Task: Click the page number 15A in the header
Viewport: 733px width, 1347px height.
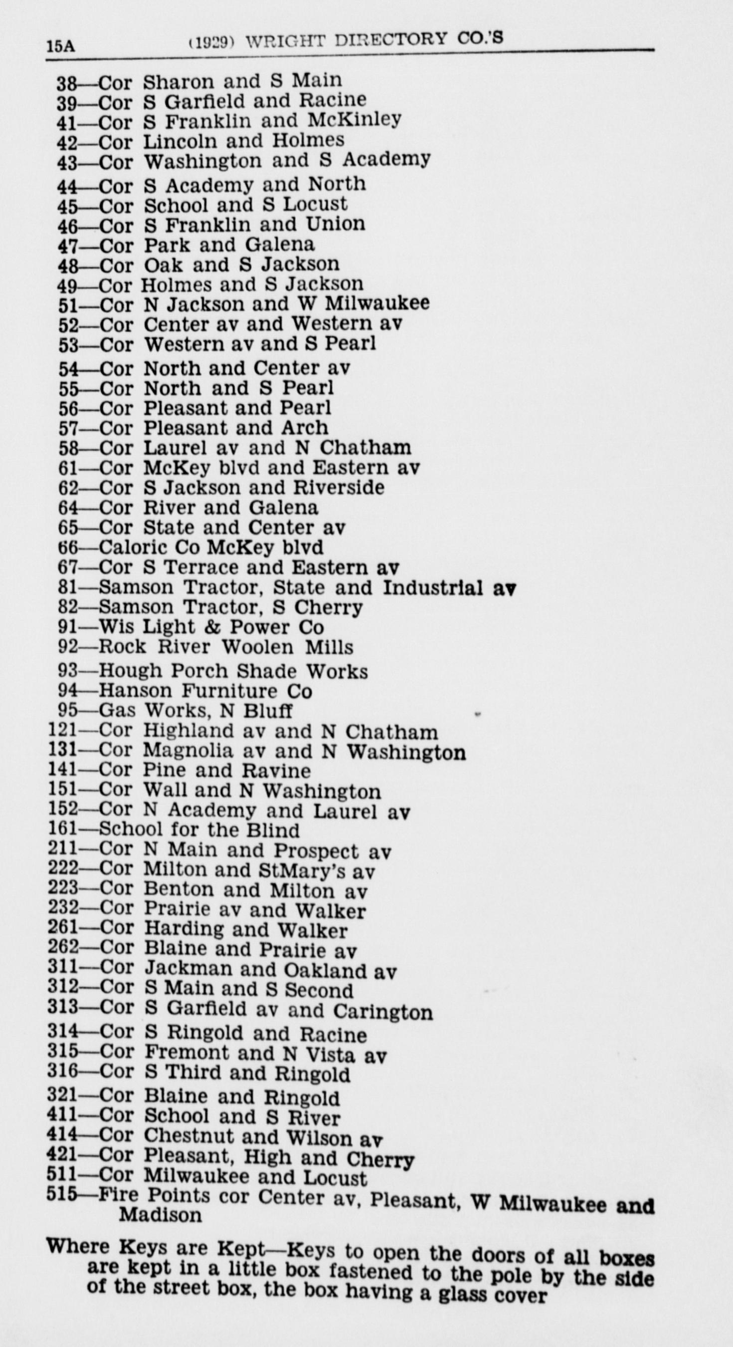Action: click(x=61, y=46)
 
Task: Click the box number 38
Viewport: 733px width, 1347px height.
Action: click(x=67, y=83)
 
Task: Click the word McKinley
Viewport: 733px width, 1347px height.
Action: click(x=354, y=120)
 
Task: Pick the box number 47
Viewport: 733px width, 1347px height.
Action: click(x=67, y=245)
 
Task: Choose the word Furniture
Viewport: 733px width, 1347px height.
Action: click(x=229, y=691)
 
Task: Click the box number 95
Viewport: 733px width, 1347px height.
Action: click(x=67, y=711)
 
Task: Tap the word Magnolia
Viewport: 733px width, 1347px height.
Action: click(x=187, y=751)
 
